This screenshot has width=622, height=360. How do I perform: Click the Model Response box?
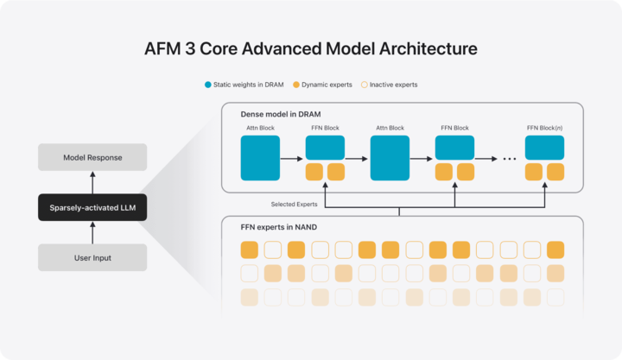point(92,157)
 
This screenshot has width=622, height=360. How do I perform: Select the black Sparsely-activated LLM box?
point(92,207)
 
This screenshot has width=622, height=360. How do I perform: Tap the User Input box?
point(92,258)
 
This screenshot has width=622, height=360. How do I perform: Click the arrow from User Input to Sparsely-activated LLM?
point(92,233)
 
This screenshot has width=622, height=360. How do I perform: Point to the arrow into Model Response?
point(92,183)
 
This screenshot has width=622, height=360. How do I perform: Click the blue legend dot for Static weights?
point(208,85)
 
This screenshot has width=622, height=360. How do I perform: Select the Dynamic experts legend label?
point(327,85)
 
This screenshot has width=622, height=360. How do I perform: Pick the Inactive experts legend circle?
point(365,85)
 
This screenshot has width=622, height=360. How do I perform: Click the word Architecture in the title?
point(428,48)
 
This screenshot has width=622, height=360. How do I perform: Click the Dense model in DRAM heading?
point(281,114)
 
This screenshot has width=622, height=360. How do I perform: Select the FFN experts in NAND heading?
point(278,227)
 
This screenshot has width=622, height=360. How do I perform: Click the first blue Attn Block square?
point(260,158)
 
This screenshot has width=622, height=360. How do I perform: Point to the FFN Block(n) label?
point(544,128)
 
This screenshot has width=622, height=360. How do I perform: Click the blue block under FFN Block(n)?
point(544,148)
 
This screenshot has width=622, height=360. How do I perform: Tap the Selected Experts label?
point(294,205)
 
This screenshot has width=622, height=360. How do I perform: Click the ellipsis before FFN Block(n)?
point(510,159)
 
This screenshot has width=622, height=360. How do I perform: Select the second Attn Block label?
point(390,128)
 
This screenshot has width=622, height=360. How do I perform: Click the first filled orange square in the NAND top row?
point(250,250)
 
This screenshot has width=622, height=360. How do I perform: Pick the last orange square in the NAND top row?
point(555,250)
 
